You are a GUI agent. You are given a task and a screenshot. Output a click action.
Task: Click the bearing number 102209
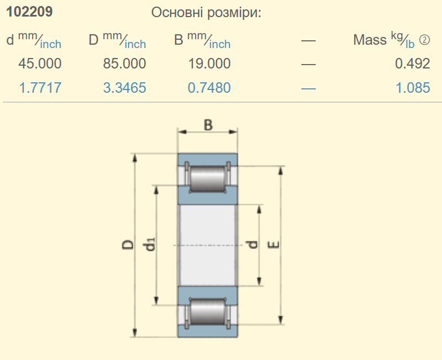(x=29, y=12)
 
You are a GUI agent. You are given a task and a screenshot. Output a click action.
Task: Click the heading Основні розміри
(x=206, y=13)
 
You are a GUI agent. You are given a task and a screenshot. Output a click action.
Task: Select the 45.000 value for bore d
(x=40, y=63)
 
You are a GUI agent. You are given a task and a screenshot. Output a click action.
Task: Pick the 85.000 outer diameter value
(x=124, y=63)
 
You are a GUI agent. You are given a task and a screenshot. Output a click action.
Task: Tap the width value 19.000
(x=209, y=63)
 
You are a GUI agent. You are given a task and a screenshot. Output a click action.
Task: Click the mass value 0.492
(x=412, y=63)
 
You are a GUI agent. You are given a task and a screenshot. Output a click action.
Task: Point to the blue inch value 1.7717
(x=40, y=88)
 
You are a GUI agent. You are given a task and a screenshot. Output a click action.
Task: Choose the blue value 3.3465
(x=125, y=88)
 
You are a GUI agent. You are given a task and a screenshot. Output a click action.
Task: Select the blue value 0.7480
(x=209, y=88)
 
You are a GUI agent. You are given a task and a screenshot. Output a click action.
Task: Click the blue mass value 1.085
(x=413, y=88)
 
